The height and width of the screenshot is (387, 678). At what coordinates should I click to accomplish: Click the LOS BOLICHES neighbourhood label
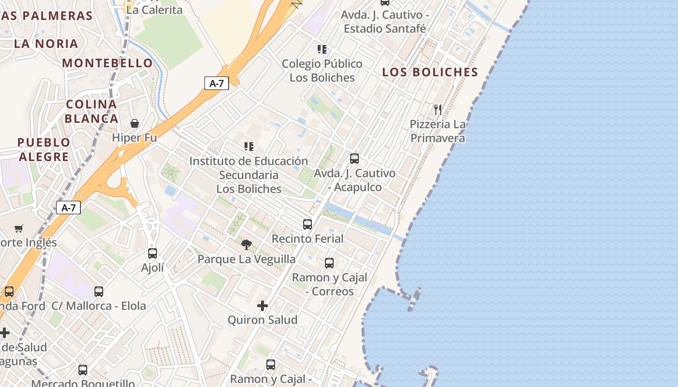pyautogui.click(x=430, y=72)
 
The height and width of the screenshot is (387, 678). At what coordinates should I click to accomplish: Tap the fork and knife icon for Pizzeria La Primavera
pyautogui.click(x=438, y=109)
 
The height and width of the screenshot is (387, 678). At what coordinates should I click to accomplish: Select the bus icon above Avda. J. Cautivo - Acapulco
pyautogui.click(x=354, y=159)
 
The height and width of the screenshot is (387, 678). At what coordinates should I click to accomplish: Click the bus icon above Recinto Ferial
pyautogui.click(x=308, y=224)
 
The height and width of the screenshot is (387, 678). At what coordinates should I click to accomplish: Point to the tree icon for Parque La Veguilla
pyautogui.click(x=247, y=245)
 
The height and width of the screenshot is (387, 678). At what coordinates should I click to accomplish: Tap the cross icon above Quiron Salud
pyautogui.click(x=262, y=306)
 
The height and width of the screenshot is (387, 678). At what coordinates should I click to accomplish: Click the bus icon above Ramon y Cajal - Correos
pyautogui.click(x=329, y=263)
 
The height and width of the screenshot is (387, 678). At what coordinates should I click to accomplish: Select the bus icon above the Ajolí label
pyautogui.click(x=153, y=253)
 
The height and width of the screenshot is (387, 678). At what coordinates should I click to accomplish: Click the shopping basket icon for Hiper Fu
pyautogui.click(x=135, y=123)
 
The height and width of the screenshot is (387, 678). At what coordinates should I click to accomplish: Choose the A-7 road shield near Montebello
pyautogui.click(x=216, y=83)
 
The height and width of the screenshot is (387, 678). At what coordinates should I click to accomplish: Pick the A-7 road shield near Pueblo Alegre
pyautogui.click(x=68, y=208)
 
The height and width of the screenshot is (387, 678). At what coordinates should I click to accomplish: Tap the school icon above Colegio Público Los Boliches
pyautogui.click(x=322, y=49)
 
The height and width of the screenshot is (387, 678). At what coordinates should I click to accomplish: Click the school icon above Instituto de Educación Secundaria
pyautogui.click(x=249, y=147)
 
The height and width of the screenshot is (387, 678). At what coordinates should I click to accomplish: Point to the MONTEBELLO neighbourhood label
pyautogui.click(x=108, y=63)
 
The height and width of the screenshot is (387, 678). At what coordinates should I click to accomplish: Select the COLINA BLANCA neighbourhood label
pyautogui.click(x=92, y=111)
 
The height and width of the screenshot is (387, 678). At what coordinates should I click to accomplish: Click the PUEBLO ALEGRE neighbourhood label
pyautogui.click(x=44, y=149)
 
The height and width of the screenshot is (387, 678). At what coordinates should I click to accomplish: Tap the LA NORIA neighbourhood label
pyautogui.click(x=46, y=44)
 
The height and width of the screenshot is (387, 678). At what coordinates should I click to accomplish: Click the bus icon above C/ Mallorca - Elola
pyautogui.click(x=99, y=292)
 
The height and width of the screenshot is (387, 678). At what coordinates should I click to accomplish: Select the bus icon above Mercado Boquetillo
pyautogui.click(x=83, y=370)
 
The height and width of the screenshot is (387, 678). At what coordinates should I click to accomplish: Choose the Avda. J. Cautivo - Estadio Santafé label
pyautogui.click(x=385, y=21)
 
